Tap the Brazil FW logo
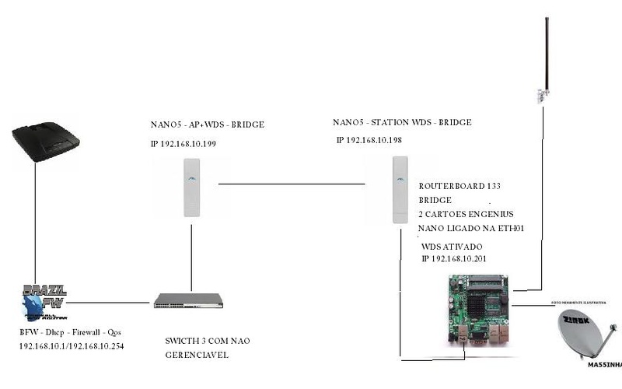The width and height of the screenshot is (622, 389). coord(43,303)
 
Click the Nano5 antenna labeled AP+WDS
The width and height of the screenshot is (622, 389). coord(191,187)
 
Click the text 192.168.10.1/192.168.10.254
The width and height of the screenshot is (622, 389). coord(72,346)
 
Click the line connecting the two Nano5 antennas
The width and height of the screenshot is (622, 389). coord(292,184)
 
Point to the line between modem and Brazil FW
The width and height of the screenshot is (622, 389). coord(35,226)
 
